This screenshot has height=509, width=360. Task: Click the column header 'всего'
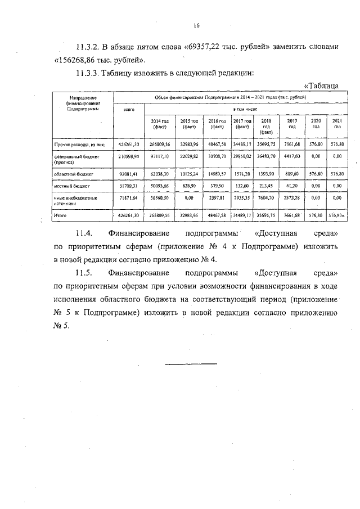[x=129, y=110]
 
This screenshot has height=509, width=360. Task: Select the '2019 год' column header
[x=292, y=124]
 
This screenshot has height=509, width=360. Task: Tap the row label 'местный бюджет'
[x=69, y=185]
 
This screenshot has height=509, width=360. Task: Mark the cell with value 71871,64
[x=129, y=199]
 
